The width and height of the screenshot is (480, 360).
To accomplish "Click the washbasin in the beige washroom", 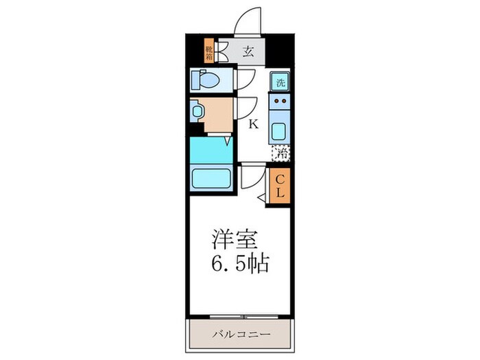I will click(198, 110).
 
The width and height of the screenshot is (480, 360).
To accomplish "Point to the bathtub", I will click(212, 178).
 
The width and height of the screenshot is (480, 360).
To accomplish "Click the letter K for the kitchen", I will click(252, 125).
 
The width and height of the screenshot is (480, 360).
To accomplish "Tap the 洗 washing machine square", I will click(280, 82).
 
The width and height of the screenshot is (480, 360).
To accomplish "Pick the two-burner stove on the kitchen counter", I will click(280, 104).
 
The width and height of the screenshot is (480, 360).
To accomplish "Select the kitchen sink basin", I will click(280, 130).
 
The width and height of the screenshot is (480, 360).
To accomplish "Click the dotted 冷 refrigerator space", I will click(280, 152).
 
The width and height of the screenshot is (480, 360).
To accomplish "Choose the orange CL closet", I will click(280, 185).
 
